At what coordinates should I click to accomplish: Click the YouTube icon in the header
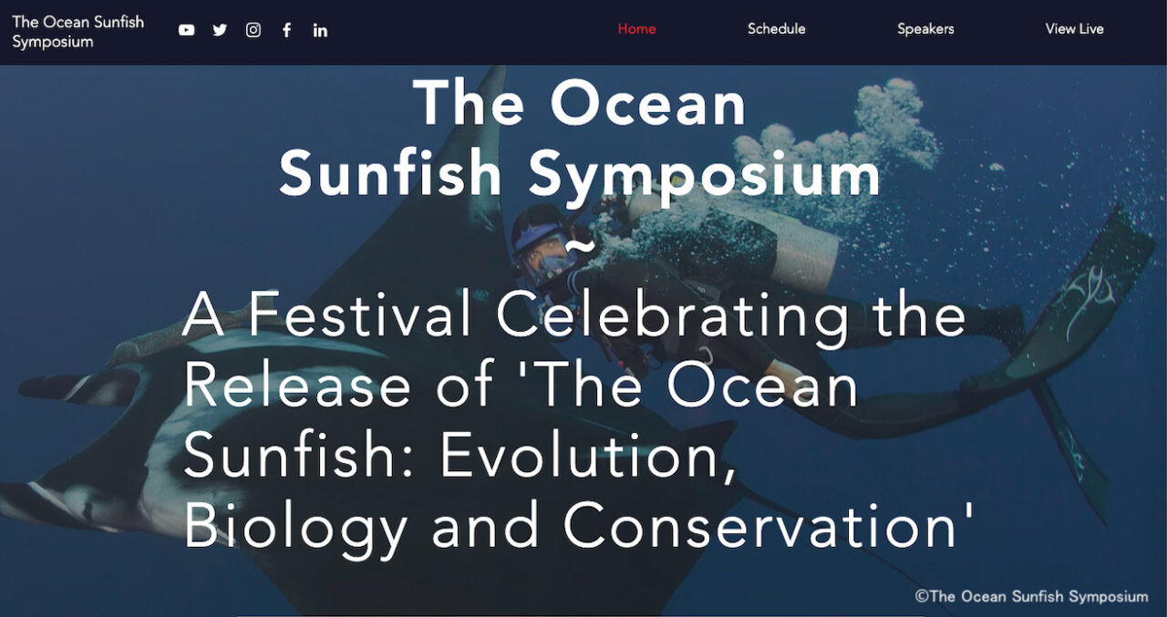pos(186,30)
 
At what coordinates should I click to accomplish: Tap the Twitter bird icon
pos(220,30)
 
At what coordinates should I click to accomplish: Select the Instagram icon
pos(253,30)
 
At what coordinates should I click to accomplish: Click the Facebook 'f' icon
pos(286,30)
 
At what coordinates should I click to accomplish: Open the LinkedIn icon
pos(320,31)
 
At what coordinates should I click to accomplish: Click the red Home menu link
pos(636,28)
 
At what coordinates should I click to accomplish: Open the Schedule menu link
pos(776,28)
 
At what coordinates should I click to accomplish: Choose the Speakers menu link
pos(925,29)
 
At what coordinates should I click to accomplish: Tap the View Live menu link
pos(1074,28)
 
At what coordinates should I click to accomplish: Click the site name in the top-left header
pos(78,32)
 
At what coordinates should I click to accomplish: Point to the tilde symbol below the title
pos(579,245)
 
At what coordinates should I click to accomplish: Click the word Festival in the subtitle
pos(359,314)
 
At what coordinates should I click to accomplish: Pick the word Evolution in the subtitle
pos(588,456)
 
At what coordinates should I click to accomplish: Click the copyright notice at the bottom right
pos(1031,596)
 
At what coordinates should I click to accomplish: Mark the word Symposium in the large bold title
pos(704,175)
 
